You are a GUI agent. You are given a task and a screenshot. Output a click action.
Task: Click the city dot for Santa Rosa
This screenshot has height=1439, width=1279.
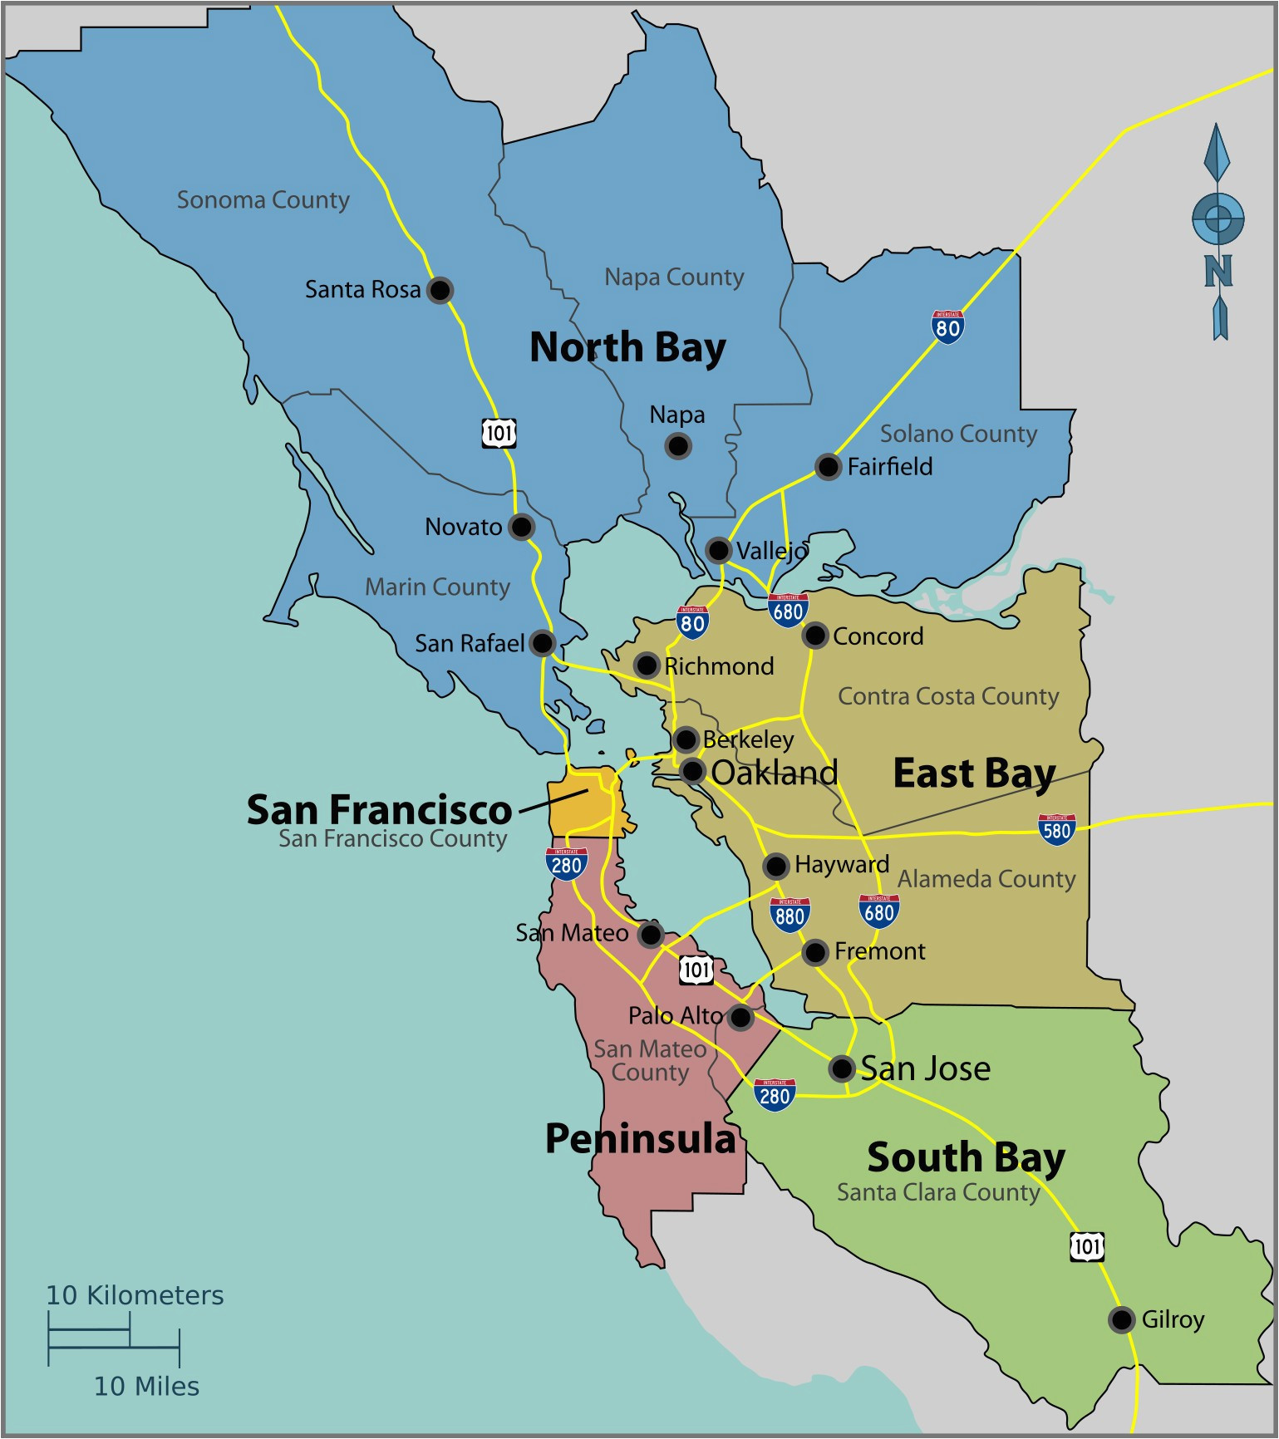(440, 290)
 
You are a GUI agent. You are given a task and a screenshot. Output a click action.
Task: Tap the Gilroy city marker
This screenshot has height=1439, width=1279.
(1121, 1319)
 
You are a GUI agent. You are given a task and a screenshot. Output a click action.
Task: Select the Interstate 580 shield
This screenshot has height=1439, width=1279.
(1056, 829)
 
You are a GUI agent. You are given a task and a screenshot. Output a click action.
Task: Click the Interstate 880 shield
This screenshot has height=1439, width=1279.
(789, 914)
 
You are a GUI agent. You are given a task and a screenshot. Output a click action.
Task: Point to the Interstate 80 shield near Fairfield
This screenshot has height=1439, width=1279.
(947, 327)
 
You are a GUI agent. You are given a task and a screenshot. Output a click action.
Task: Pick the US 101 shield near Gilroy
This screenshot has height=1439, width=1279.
(1086, 1246)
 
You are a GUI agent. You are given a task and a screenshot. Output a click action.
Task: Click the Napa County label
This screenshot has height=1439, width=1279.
(673, 277)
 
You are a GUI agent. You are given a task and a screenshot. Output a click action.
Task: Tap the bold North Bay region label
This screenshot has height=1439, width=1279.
(627, 347)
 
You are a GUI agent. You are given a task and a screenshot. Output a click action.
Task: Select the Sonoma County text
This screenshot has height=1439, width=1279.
(263, 200)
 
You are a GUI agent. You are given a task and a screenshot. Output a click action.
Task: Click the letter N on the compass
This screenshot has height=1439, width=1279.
(1218, 271)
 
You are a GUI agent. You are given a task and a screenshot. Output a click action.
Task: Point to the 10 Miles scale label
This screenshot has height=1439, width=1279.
(146, 1386)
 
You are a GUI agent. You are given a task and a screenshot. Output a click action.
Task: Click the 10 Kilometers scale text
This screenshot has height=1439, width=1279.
(135, 1295)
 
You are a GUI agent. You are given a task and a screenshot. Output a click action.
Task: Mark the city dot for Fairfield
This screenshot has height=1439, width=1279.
(828, 466)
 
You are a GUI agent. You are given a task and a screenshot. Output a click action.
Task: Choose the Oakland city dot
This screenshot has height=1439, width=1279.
(692, 771)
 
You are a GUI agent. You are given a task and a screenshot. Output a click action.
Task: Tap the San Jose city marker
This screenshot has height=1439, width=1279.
(841, 1068)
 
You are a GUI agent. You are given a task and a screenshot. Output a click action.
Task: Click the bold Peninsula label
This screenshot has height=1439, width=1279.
(640, 1138)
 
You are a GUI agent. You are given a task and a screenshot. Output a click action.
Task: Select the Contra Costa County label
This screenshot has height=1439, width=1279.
(947, 696)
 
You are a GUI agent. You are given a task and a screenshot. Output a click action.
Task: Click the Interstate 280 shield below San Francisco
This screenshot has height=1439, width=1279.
(567, 864)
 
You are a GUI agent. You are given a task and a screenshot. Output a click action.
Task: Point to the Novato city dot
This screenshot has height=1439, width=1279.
(521, 526)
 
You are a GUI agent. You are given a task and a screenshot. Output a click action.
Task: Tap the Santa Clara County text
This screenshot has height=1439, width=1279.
(937, 1192)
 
